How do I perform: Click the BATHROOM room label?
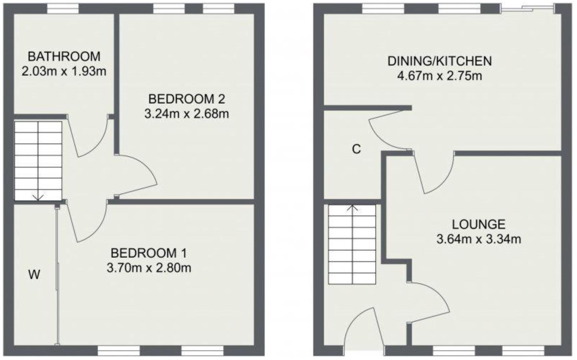[64, 56]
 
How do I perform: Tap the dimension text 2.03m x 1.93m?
[64, 71]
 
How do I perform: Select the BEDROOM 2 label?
[187, 98]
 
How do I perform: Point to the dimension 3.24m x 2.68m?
[187, 114]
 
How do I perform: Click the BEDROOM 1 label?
[149, 253]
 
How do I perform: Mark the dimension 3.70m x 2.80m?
[149, 268]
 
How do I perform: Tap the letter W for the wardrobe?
[34, 275]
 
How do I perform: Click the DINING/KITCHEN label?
[440, 61]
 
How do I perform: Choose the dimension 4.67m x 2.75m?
[440, 76]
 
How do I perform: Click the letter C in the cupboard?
[356, 149]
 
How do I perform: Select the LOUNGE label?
[479, 224]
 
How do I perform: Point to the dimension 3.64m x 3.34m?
[479, 239]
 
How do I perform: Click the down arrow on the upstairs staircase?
[38, 197]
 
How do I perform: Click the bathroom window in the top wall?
[63, 9]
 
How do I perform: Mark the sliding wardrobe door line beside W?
[57, 275]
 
